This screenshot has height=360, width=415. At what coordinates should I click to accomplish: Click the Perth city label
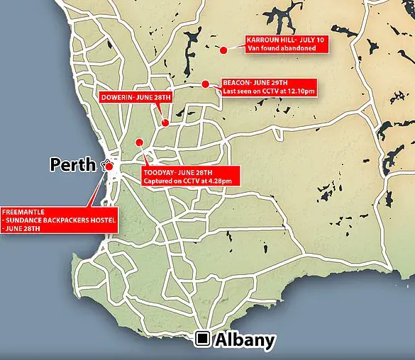tap(72, 165)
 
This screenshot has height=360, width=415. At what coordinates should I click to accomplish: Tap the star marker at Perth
tap(108, 165)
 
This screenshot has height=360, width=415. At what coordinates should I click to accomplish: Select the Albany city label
tap(243, 340)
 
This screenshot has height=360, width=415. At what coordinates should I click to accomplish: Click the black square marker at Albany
tap(203, 339)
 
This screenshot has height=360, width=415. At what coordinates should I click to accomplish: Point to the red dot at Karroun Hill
tap(223, 50)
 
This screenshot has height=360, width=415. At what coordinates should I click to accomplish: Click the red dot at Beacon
tap(205, 84)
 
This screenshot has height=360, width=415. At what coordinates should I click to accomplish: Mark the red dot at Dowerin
tap(165, 123)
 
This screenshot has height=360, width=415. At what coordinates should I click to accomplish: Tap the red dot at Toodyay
tap(140, 142)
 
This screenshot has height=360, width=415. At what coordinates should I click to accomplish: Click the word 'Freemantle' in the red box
tap(21, 210)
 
